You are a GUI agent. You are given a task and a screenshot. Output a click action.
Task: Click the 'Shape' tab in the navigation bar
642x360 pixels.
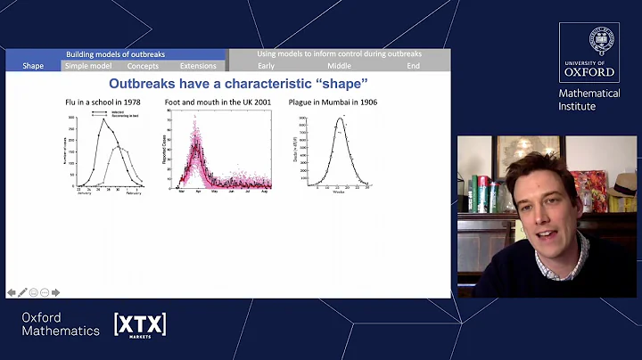coord(33,66)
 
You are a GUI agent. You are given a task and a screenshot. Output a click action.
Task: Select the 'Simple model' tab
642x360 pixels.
coord(88,66)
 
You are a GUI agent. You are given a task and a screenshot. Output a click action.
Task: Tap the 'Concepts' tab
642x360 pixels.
coord(143,66)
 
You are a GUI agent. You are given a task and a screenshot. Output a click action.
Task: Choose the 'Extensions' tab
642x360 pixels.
coord(198,66)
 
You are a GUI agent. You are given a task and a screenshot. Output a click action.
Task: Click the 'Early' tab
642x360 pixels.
coord(266,66)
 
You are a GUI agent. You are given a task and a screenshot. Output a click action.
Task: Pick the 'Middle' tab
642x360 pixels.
coord(339,66)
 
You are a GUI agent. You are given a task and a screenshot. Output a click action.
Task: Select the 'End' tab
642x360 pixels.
coord(413,66)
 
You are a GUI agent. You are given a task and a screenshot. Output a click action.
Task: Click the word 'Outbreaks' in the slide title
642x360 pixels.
coord(164,85)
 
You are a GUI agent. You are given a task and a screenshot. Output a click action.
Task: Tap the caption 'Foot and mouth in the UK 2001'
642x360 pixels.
coord(218,104)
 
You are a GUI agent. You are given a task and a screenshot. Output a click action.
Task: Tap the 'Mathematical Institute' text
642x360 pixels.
coord(588,99)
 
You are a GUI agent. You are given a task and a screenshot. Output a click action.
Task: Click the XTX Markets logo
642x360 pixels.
coord(140,324)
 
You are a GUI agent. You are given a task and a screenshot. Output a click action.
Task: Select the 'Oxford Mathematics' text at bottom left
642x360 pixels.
coord(61,324)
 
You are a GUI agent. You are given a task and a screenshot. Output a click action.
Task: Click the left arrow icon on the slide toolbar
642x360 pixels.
coord(12,292)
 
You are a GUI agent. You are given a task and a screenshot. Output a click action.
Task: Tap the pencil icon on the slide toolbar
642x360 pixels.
coord(22,292)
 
